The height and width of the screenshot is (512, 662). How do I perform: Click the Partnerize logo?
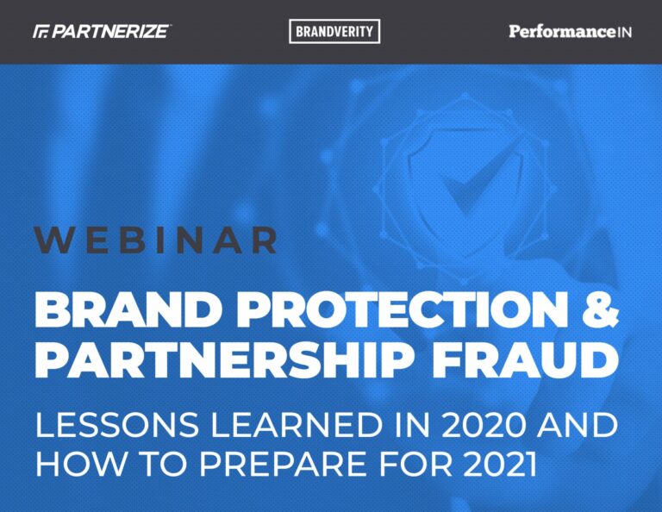coord(102,32)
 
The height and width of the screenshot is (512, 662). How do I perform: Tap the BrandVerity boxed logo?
coord(334,32)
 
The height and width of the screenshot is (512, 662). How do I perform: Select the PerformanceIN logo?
coord(570,32)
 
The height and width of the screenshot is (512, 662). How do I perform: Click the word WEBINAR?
coord(156,240)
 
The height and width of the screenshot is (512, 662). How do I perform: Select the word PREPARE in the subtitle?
coord(284,464)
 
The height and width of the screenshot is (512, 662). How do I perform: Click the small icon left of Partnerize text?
coord(41,32)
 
